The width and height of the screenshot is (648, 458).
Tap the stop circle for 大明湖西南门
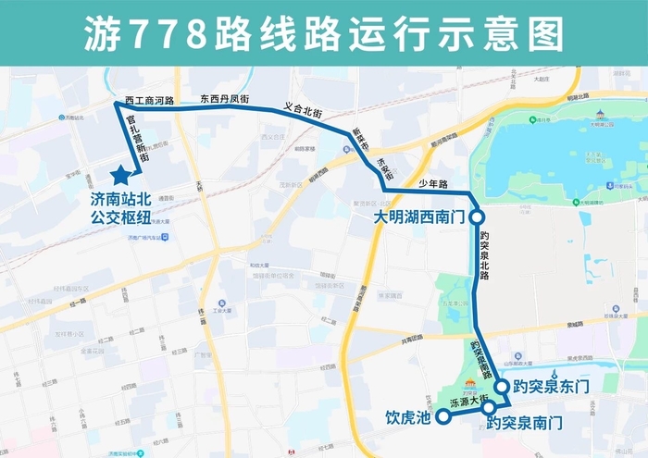(x=477, y=217)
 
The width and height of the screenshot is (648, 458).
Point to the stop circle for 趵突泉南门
(x=488, y=406)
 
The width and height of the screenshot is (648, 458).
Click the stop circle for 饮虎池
(x=442, y=417)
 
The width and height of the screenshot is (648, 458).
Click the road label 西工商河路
(x=149, y=100)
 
